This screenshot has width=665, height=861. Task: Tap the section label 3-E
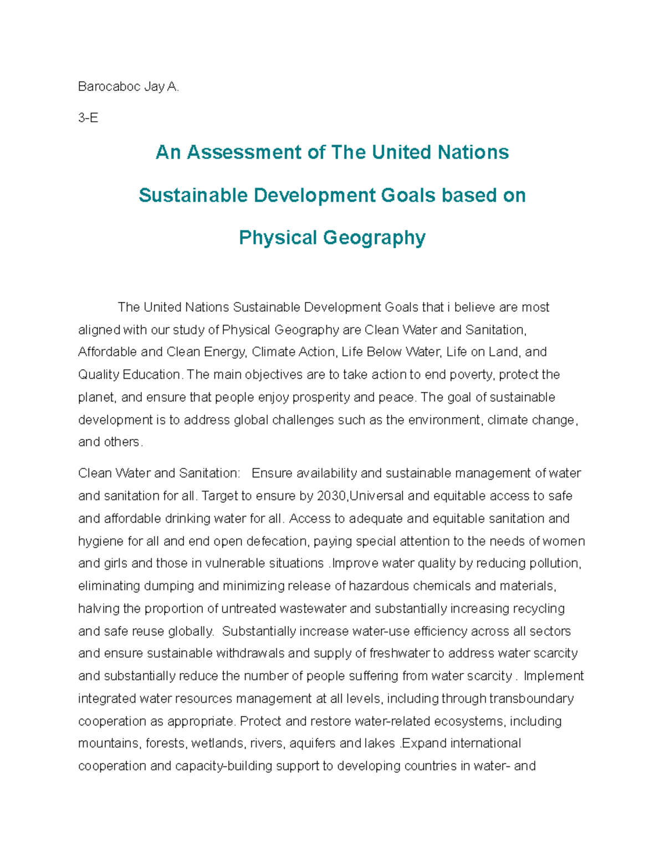pyautogui.click(x=88, y=118)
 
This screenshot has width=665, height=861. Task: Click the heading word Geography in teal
pyautogui.click(x=374, y=237)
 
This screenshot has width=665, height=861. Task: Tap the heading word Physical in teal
pyautogui.click(x=278, y=237)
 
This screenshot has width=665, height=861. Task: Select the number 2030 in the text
pyautogui.click(x=331, y=496)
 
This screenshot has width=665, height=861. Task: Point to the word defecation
pyautogui.click(x=279, y=541)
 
